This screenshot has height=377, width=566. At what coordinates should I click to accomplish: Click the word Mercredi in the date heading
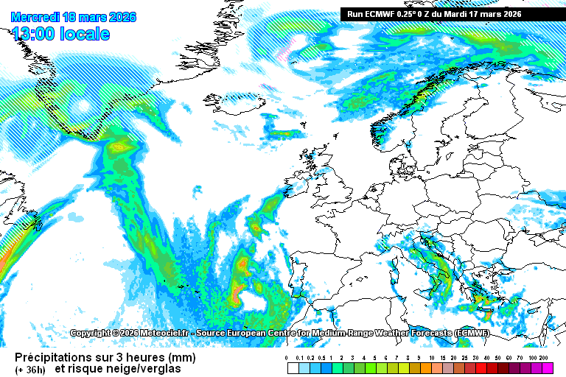(35, 17)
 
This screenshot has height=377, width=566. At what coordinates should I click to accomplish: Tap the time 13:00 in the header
(32, 33)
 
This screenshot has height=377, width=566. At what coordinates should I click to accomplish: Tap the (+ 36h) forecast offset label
(29, 368)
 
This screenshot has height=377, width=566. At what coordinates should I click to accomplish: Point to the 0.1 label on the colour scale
(298, 357)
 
